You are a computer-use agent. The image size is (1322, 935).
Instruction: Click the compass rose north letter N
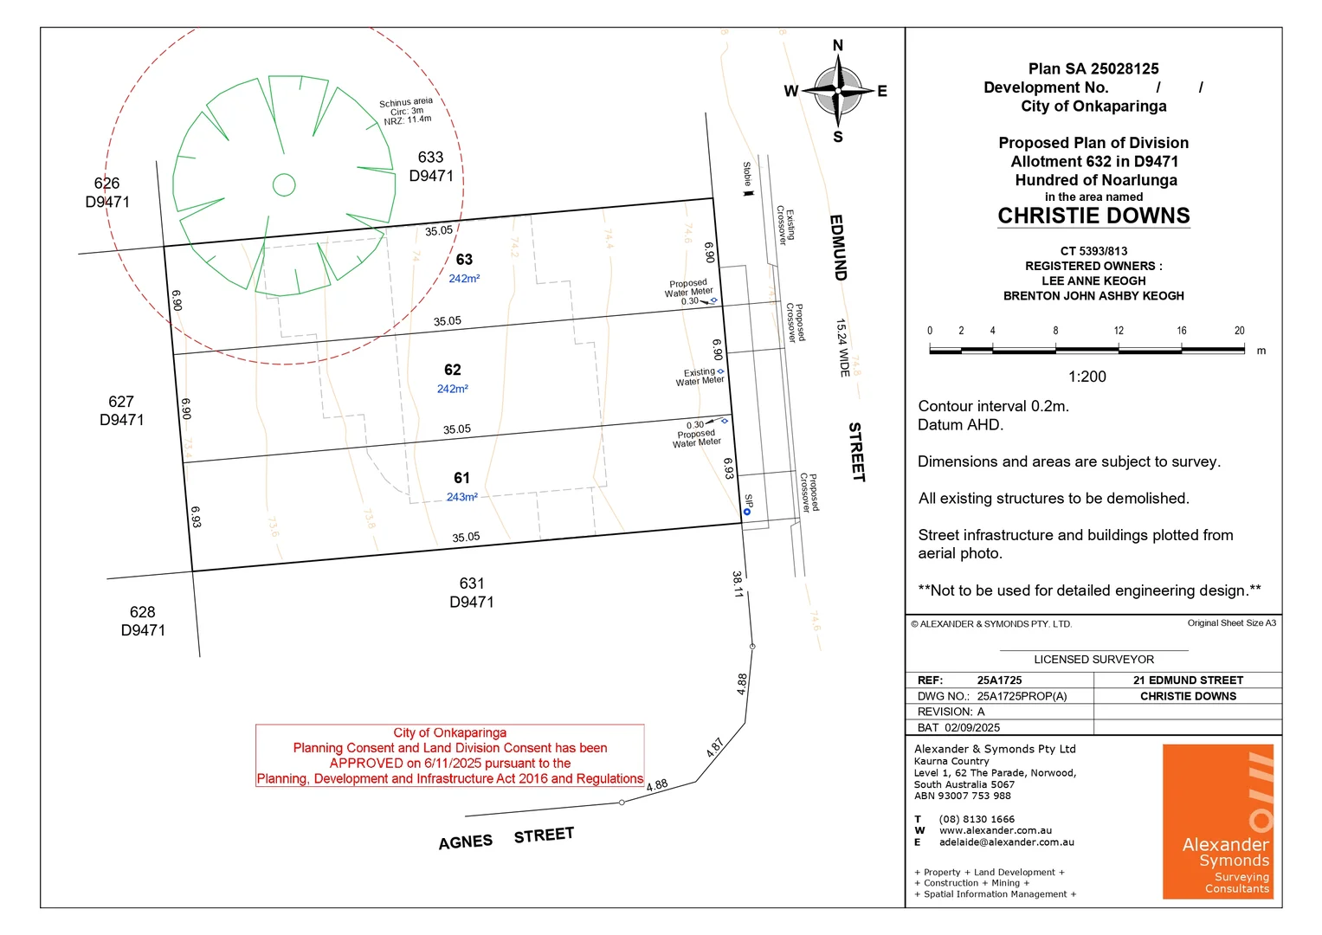(x=837, y=46)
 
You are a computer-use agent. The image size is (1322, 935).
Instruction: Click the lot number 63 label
(x=464, y=260)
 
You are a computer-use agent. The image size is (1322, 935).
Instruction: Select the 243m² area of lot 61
(x=461, y=497)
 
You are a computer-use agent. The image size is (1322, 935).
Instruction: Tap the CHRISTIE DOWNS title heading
(x=1093, y=216)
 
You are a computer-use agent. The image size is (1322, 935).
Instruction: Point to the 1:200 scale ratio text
(x=1087, y=377)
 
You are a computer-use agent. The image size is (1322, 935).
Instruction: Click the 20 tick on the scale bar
(x=1239, y=331)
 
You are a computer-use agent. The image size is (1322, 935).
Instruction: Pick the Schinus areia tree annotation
(x=406, y=111)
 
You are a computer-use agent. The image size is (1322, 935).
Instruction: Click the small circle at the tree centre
(x=284, y=184)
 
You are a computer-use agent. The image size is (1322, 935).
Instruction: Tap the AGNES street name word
(x=465, y=842)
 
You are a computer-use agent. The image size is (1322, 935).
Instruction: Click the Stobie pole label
(x=747, y=175)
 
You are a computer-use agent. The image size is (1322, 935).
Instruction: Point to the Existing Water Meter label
(x=700, y=377)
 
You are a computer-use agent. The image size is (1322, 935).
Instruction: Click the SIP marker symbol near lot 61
(x=746, y=512)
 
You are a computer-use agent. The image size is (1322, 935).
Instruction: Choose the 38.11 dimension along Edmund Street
(x=738, y=584)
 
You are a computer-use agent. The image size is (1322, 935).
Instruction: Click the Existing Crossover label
(x=785, y=225)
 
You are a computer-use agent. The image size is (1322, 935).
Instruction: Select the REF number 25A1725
(x=999, y=680)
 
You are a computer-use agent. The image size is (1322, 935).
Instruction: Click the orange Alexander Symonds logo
(x=1217, y=821)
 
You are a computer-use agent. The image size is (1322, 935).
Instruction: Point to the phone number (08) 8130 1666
(x=977, y=819)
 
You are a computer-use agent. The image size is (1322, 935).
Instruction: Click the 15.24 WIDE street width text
(x=842, y=347)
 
